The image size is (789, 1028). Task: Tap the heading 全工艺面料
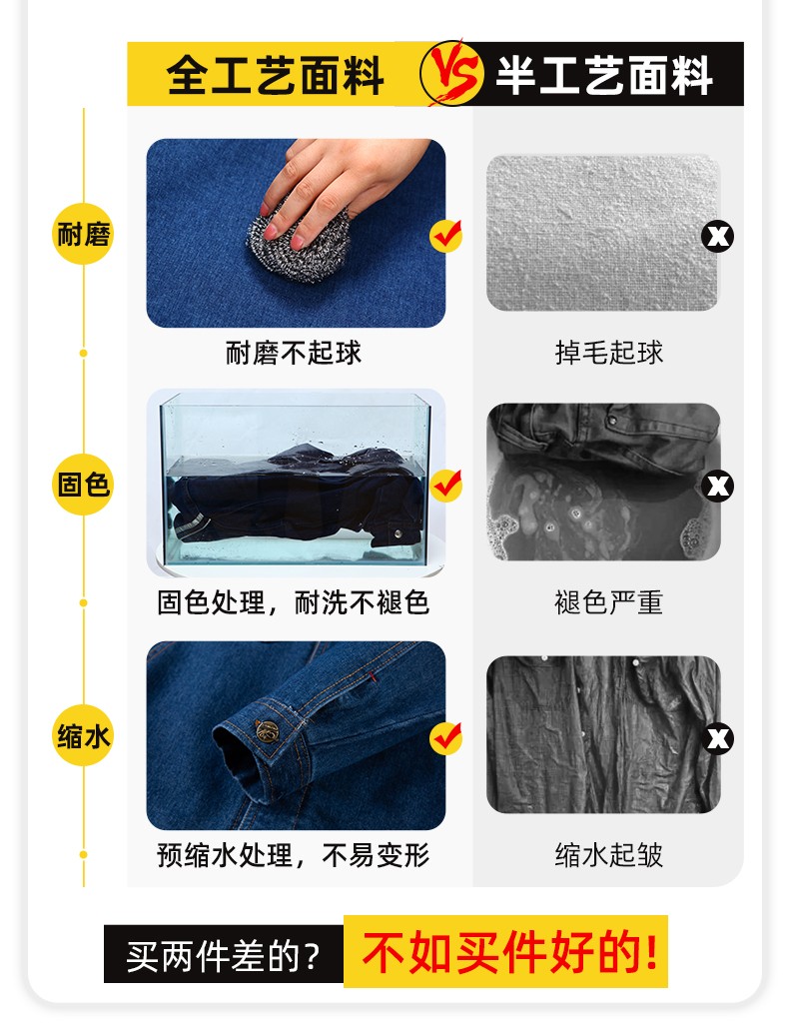point(275,75)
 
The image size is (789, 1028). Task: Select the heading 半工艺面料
point(604,75)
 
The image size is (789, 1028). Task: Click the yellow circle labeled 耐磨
point(83,236)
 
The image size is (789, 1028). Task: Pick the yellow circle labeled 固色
point(83,486)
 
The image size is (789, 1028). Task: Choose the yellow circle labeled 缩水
point(83,737)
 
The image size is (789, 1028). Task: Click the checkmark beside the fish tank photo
point(445,486)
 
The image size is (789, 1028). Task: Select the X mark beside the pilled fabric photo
point(718,237)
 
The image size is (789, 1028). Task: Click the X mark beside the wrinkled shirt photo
point(718,739)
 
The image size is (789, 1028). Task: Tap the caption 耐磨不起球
point(294,353)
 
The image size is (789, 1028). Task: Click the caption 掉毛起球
point(609,353)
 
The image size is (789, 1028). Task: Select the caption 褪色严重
point(609,602)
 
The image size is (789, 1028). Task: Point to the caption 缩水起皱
point(609,855)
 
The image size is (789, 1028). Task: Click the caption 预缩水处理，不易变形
point(294,855)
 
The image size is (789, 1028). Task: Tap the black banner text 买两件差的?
point(224,955)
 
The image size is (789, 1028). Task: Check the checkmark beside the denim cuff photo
point(445,738)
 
